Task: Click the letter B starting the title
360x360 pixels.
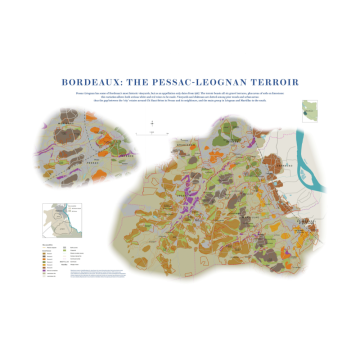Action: point(65,82)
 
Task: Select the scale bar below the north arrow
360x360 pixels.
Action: point(151,131)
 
